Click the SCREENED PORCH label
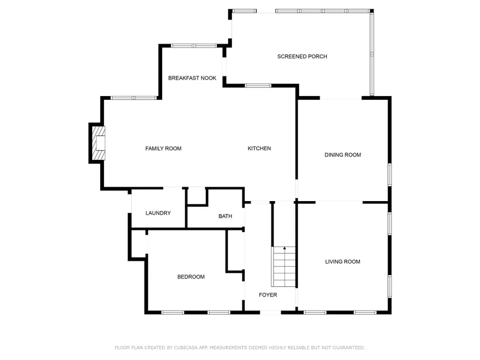coord(302,57)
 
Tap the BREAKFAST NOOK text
coord(192,78)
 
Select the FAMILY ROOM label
coord(163,148)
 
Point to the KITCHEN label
coord(259,148)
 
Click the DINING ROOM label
coord(342,155)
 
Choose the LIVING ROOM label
coord(342,261)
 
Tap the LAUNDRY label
coord(158,213)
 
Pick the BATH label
coord(225,216)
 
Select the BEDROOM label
coord(191,277)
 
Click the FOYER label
coord(268,295)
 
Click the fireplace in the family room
coord(98,143)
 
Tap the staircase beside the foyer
coord(284,267)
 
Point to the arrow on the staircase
coord(284,249)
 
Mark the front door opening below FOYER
coord(270,313)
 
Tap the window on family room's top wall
coord(133,98)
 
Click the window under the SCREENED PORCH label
coord(258,85)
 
